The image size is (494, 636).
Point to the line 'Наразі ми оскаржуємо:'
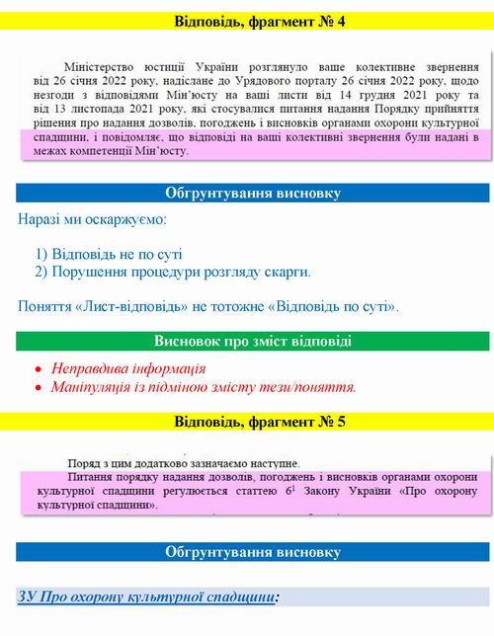(92, 217)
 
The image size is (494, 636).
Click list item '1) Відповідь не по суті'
(109, 253)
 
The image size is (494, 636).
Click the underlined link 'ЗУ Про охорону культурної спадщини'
(145, 596)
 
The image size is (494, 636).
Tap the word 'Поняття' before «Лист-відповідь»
(45, 307)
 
